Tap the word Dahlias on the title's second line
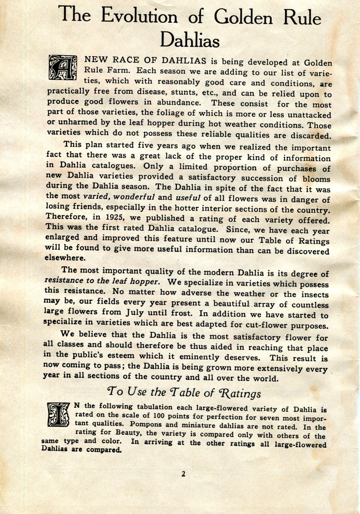(190, 41)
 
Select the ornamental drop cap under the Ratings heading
(58, 414)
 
